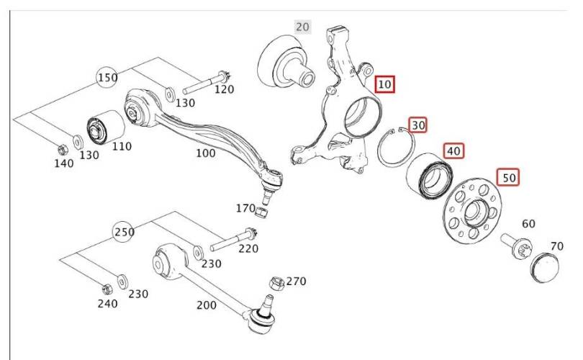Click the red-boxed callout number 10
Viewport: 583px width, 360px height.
(x=384, y=84)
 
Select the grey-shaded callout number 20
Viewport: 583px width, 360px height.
(x=302, y=27)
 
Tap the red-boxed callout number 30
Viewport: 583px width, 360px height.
(x=418, y=125)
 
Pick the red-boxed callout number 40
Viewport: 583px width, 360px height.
(x=453, y=150)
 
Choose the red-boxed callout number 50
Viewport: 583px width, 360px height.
(x=509, y=177)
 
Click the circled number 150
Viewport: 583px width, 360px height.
(x=107, y=78)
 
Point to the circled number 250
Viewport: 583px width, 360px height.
(x=124, y=232)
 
